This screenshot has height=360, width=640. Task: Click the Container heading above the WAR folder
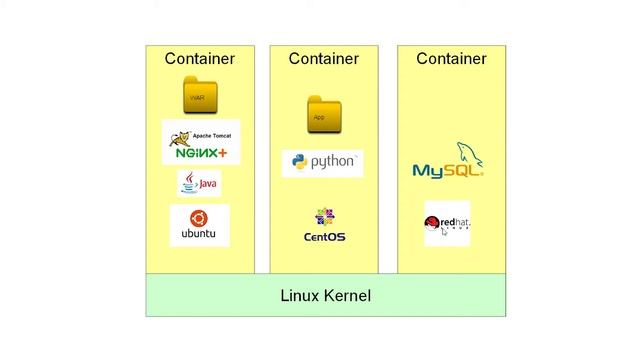point(199,59)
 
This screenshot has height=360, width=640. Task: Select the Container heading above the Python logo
point(323,59)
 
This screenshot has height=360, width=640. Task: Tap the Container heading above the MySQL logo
point(451,59)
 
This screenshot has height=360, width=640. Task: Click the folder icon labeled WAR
point(199,96)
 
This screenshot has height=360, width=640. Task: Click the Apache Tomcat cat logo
point(181,138)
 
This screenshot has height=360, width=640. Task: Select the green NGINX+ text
point(201,153)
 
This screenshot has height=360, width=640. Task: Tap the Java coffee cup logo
point(189,183)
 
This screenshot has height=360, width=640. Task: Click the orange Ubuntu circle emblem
point(199,219)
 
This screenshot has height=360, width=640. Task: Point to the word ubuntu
point(199,235)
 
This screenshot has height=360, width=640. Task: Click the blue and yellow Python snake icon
point(298,162)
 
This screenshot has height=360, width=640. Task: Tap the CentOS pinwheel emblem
point(324,217)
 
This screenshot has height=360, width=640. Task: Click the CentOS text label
point(324,237)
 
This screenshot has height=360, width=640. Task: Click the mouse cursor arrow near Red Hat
point(432,233)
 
